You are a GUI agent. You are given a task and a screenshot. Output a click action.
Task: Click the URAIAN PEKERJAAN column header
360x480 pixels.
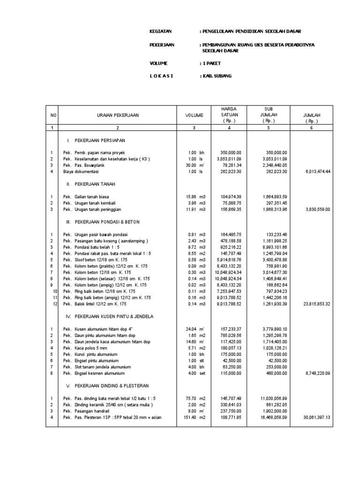coord(119,115)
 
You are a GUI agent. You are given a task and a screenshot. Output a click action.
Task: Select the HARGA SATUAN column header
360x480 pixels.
coord(229,115)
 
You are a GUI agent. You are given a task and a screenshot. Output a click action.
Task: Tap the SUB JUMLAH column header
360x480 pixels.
coord(269,115)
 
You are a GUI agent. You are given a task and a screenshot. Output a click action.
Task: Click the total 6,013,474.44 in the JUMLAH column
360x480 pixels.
coord(315,172)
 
